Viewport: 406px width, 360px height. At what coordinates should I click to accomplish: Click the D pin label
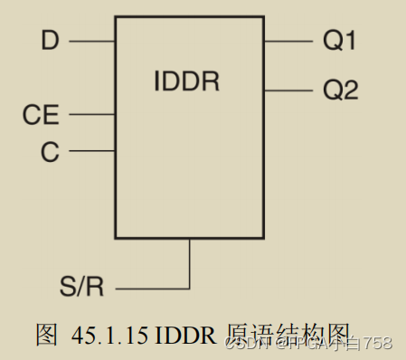coord(50,40)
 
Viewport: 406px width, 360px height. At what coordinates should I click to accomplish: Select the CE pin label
coord(41,115)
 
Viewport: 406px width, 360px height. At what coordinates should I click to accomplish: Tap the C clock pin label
coord(50,151)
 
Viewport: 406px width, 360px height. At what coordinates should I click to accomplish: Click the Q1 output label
coord(340,41)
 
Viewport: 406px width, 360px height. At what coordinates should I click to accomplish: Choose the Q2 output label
coord(340,90)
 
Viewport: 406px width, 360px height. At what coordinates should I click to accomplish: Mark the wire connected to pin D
coord(91,41)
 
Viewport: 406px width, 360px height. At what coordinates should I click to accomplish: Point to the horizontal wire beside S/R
coord(154,289)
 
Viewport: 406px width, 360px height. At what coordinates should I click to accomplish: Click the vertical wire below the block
coord(191,264)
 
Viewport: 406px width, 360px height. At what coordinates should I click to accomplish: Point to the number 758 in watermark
coord(378,343)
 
